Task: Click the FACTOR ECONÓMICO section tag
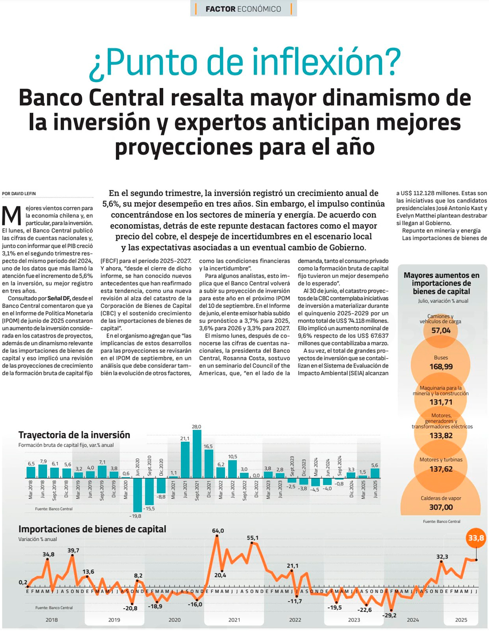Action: pyautogui.click(x=243, y=9)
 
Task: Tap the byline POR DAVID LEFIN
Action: pyautogui.click(x=19, y=194)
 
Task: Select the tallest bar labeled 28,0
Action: pyautogui.click(x=197, y=454)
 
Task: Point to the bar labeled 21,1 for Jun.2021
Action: pyautogui.click(x=185, y=460)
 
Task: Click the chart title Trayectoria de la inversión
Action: pyautogui.click(x=74, y=435)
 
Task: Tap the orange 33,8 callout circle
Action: pyautogui.click(x=476, y=539)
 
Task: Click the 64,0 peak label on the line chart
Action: pyautogui.click(x=218, y=531)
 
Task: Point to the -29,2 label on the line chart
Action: pyautogui.click(x=390, y=615)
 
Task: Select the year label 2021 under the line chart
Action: pyautogui.click(x=234, y=620)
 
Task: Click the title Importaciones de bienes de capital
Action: pyautogui.click(x=92, y=529)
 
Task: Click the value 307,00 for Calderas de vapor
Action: pyautogui.click(x=441, y=507)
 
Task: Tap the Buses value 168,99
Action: pyautogui.click(x=441, y=366)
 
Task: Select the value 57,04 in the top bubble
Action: pyautogui.click(x=441, y=331)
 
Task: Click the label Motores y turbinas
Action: pyautogui.click(x=441, y=460)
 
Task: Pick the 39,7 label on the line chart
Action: pyautogui.click(x=73, y=550)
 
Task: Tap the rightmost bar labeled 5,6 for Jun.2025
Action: pyautogui.click(x=375, y=473)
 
